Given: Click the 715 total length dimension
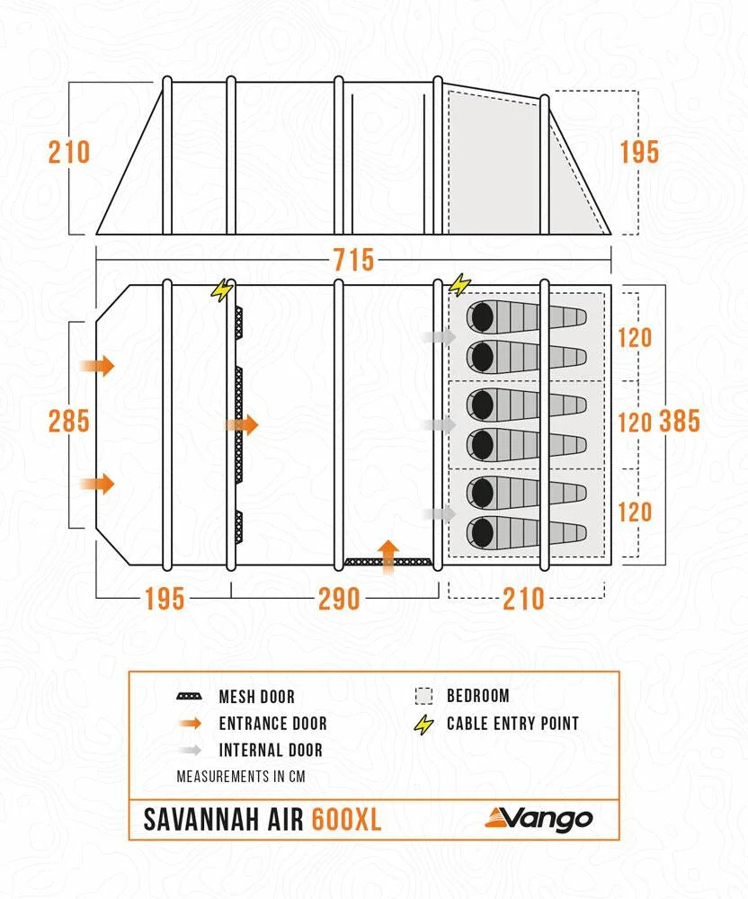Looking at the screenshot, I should coord(352,261).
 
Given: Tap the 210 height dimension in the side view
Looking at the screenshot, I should coord(69,153).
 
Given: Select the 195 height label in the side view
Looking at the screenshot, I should coord(639,153).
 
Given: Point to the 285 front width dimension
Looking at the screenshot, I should coord(69,421).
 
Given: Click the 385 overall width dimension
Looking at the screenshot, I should coord(680,421).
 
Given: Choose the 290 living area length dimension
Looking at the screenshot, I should coord(339,599).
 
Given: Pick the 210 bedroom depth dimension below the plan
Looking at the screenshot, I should coord(523,599).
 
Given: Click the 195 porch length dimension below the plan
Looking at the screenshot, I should coord(163,599).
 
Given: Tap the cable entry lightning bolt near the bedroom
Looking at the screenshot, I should coord(459,286).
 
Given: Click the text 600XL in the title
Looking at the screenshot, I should coord(347,820).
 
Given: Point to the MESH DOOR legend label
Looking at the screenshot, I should coord(256,697).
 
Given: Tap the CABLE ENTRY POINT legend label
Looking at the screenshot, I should coord(512,723).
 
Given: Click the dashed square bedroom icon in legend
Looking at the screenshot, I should coord(423,696).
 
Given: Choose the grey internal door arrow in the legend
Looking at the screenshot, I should coord(189,750).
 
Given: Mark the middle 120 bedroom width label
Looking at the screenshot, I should coord(634,423).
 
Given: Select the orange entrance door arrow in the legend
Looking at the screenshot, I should coord(189,723).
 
